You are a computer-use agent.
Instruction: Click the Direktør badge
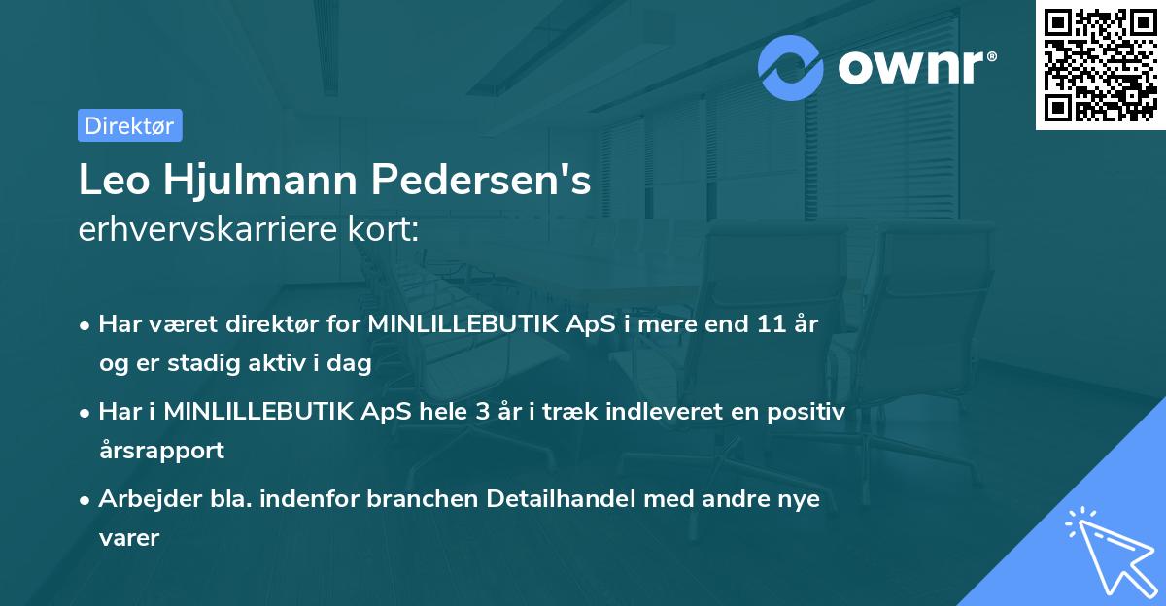pyautogui.click(x=129, y=125)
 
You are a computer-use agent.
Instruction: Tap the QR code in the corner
pyautogui.click(x=1099, y=65)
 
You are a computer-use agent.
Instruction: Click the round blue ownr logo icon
pyautogui.click(x=791, y=67)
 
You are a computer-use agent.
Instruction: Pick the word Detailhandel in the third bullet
pyautogui.click(x=569, y=499)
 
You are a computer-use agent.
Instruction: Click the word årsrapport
pyautogui.click(x=161, y=450)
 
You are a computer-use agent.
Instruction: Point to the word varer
pyautogui.click(x=128, y=537)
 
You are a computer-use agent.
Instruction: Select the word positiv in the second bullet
pyautogui.click(x=808, y=412)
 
